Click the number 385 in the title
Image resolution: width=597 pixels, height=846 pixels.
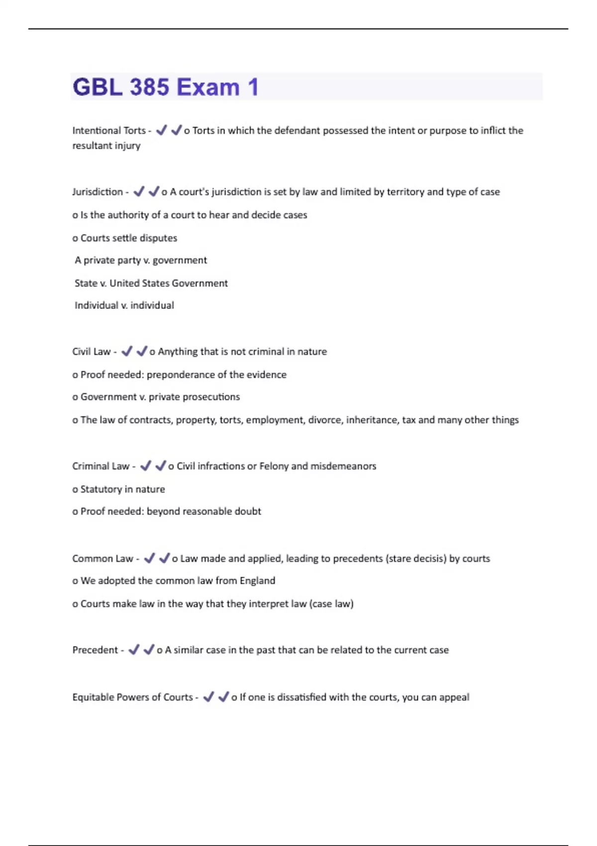coord(149,87)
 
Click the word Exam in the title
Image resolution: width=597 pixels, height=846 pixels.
coord(208,87)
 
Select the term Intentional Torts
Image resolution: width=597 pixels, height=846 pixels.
coord(109,130)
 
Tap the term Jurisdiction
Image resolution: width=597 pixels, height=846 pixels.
coord(97,192)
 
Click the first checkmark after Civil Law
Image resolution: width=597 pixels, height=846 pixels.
coord(127,351)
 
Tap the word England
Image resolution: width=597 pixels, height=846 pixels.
coord(257,580)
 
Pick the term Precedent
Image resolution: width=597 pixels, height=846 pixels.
coord(95,650)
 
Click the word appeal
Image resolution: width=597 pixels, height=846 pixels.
coord(454,697)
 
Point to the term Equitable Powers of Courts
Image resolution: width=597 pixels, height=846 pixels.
coord(132,697)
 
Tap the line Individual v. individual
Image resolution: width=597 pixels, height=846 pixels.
coord(124,305)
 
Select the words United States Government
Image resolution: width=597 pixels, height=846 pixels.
coord(169,283)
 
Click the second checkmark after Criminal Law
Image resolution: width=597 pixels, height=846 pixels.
coord(160,466)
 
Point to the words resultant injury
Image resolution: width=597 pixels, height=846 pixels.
coord(106,145)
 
